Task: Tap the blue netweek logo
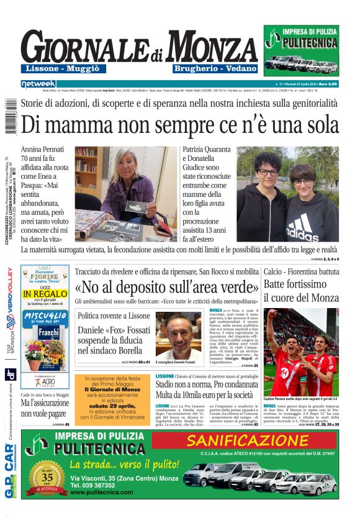click(38, 84)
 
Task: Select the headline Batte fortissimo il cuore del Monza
click(300, 290)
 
